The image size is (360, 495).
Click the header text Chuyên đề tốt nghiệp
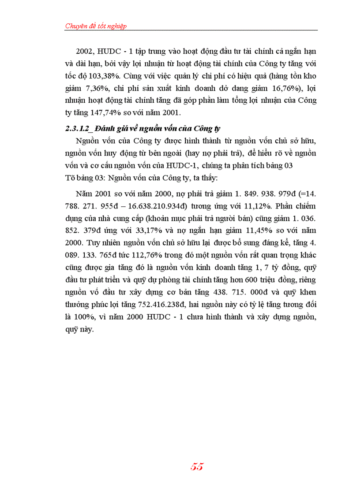pos(96,26)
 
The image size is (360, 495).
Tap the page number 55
pos(197,467)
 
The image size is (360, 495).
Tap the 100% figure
pos(89,317)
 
